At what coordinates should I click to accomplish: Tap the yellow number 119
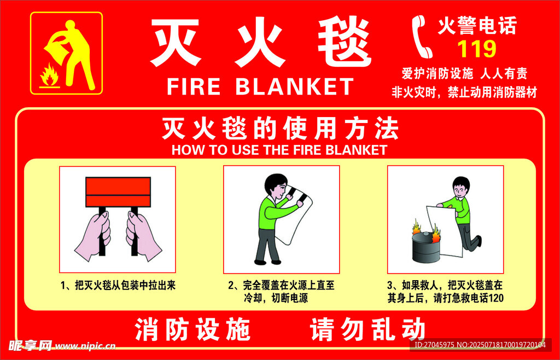(x=476, y=49)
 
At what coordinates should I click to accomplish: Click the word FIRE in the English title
(x=193, y=86)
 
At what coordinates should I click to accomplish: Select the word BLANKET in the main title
(x=295, y=86)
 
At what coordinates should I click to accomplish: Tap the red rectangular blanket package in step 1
(x=118, y=191)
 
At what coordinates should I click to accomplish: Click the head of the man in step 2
(x=276, y=187)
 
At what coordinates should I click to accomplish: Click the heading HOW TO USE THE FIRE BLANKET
(x=279, y=150)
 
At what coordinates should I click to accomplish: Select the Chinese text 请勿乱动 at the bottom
(x=367, y=330)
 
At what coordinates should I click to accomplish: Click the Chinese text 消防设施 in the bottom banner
(x=192, y=330)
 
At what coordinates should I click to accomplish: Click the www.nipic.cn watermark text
(x=85, y=346)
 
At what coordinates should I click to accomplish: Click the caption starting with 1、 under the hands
(x=118, y=285)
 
